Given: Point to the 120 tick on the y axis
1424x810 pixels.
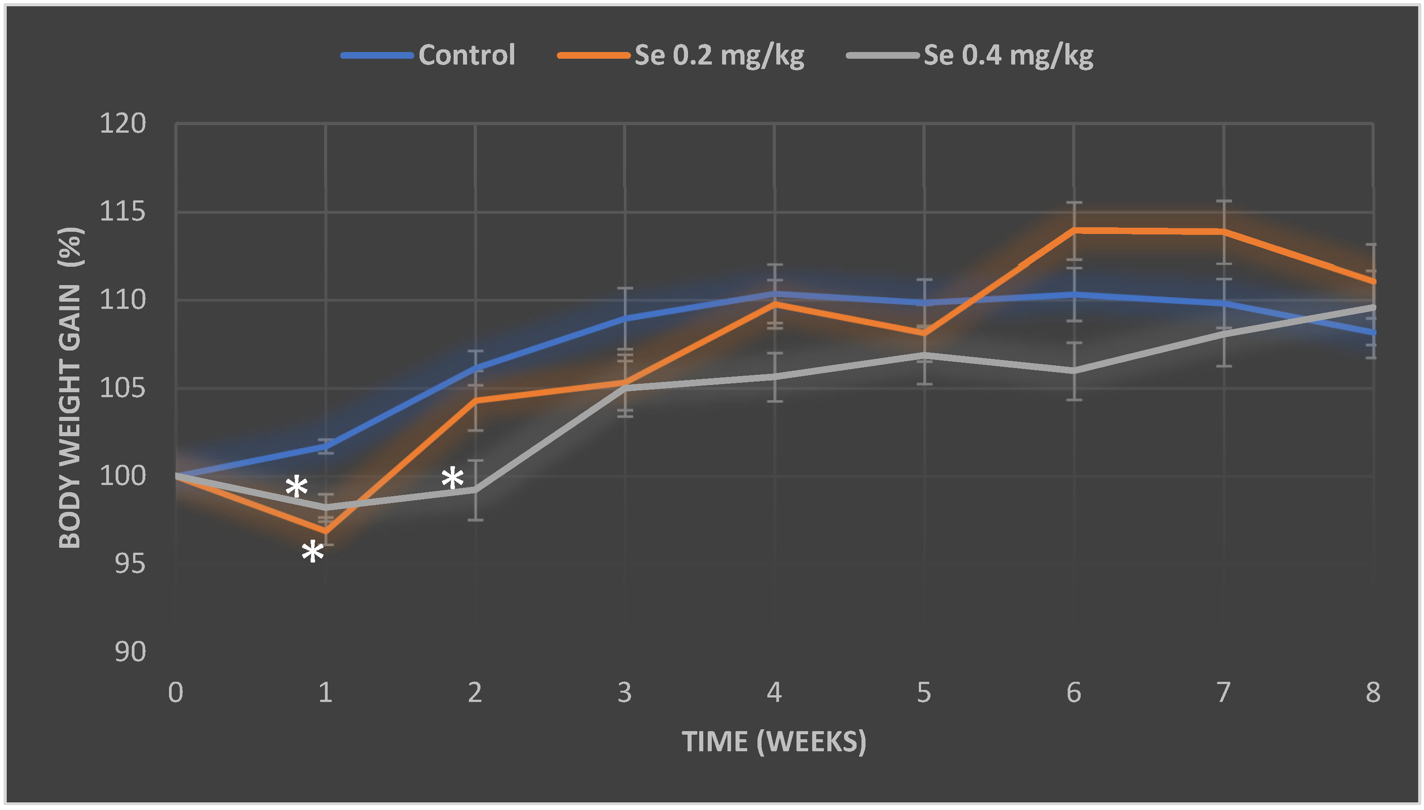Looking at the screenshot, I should (122, 124).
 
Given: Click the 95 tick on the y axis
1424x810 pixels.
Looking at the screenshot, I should (130, 564).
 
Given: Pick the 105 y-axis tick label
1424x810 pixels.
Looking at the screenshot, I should (122, 388).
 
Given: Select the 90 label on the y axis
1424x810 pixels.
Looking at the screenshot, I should (130, 652).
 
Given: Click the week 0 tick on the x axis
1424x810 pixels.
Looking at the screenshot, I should (175, 693).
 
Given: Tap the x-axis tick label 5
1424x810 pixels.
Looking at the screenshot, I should (923, 693).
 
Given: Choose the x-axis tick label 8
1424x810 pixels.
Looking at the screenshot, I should (1372, 693).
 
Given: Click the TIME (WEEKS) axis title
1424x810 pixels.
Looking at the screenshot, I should (774, 741).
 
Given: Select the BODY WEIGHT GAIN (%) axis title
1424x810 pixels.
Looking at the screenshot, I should (71, 388).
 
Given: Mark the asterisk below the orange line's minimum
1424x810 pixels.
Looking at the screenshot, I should (312, 552).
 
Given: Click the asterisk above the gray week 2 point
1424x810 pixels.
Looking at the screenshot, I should (452, 478).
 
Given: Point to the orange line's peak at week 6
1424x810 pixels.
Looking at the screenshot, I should (1073, 230).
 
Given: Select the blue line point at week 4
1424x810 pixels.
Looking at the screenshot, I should (774, 293).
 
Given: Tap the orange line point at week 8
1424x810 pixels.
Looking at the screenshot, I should (1372, 282).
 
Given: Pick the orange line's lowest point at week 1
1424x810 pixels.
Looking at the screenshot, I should (325, 532).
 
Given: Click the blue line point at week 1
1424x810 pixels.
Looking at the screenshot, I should (325, 446).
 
